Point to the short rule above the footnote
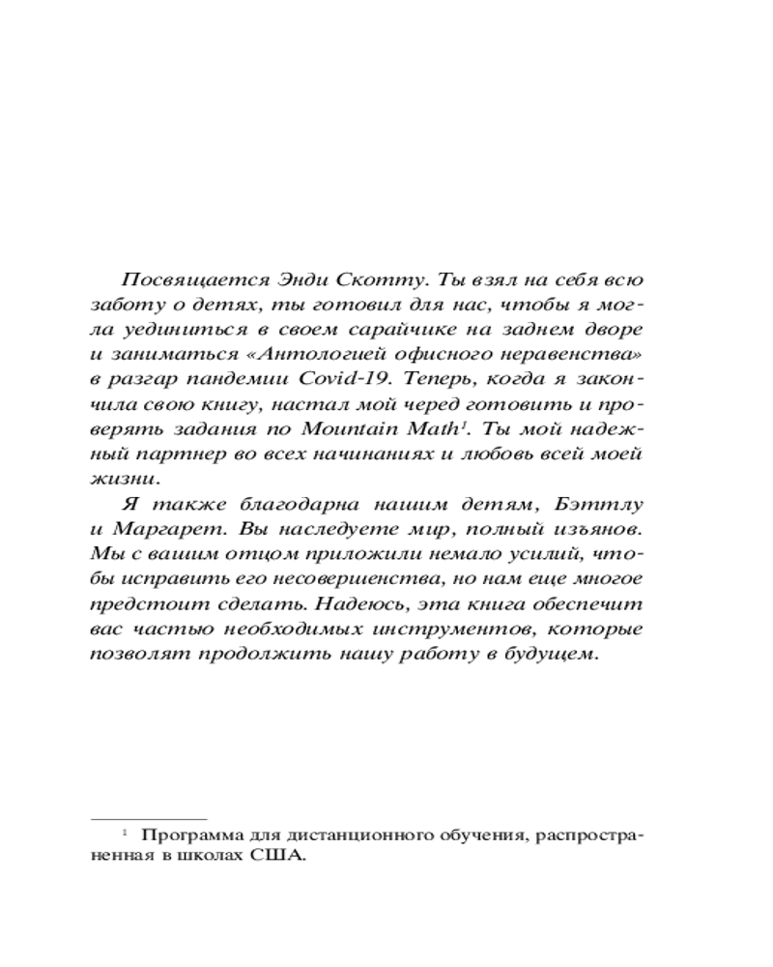click(x=150, y=819)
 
